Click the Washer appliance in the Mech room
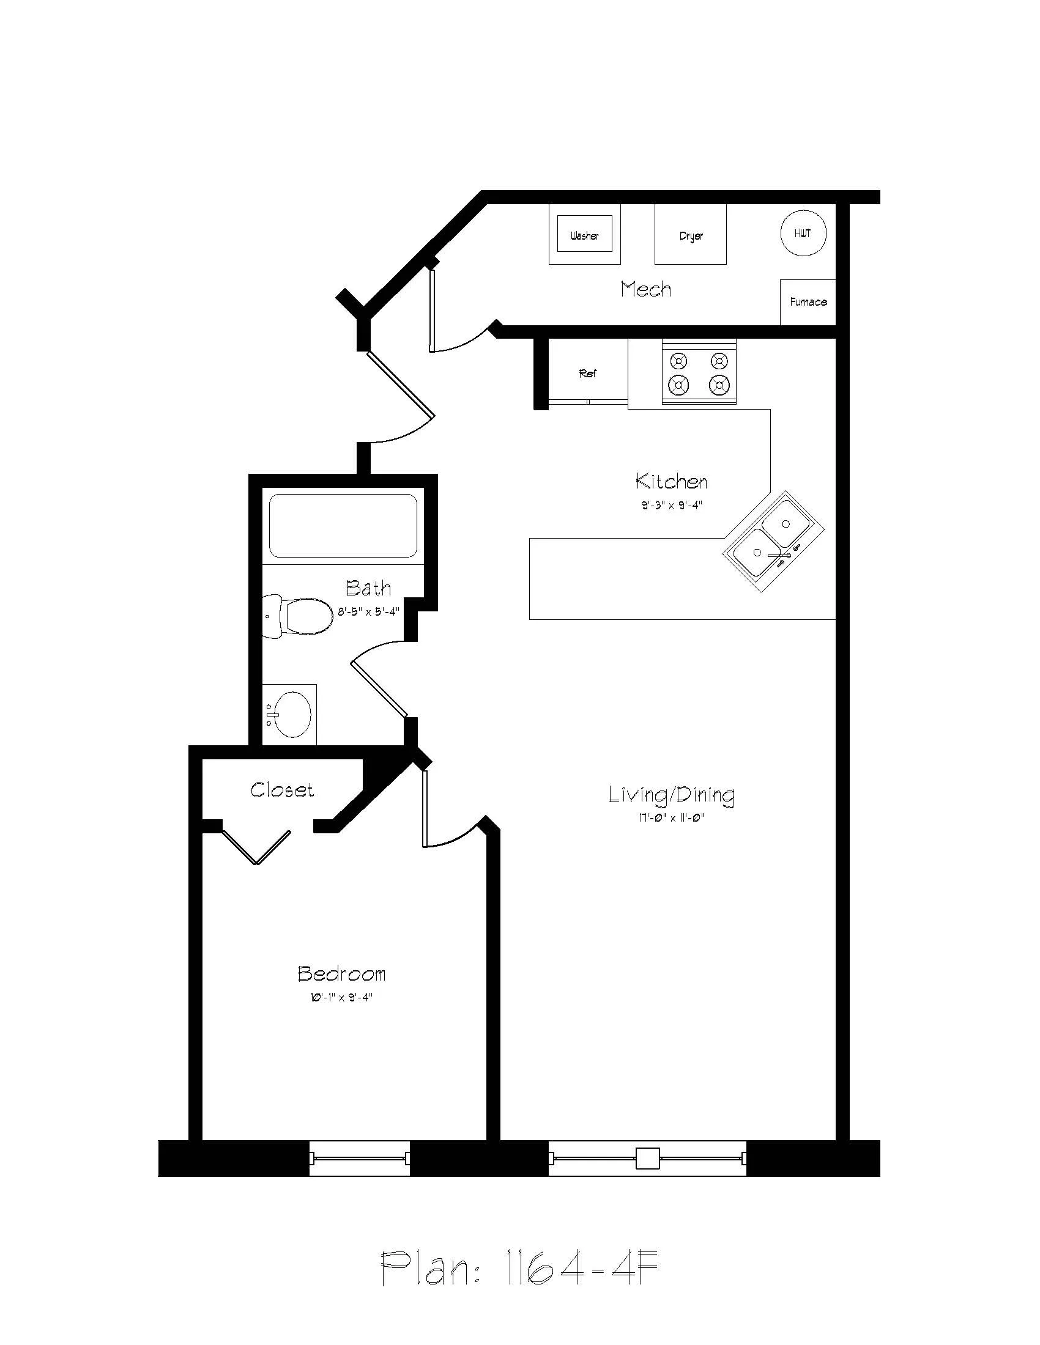click(584, 234)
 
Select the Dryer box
click(690, 235)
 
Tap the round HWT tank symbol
click(803, 234)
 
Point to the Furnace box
click(808, 302)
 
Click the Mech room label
click(645, 289)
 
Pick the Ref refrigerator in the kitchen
click(588, 372)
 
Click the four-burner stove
click(699, 374)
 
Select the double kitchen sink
click(774, 541)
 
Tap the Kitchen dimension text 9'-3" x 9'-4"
click(672, 506)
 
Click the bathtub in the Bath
click(343, 526)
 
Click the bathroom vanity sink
click(291, 714)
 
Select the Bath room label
click(368, 588)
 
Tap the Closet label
click(282, 790)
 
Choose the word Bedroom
click(342, 974)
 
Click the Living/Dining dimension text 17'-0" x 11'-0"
click(672, 819)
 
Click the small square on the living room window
click(647, 1159)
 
